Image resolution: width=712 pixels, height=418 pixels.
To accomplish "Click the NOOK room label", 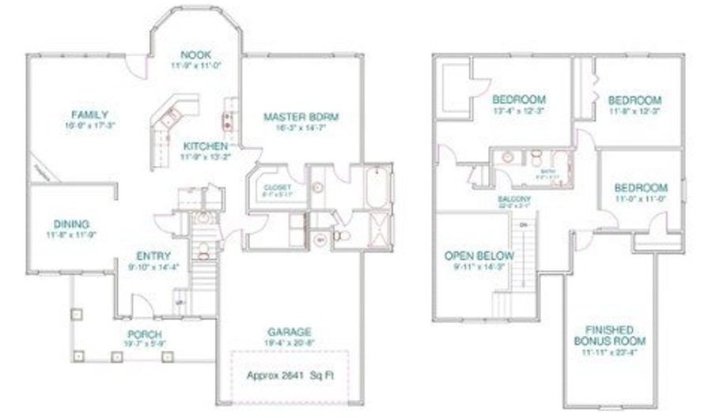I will pyautogui.click(x=195, y=55).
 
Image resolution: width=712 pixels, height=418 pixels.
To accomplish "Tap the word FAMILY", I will pyautogui.click(x=89, y=115).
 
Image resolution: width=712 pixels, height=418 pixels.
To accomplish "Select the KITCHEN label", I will pyautogui.click(x=206, y=146).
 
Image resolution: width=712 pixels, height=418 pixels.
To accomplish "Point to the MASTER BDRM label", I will pyautogui.click(x=301, y=117).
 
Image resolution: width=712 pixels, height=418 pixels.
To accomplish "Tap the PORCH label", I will pyautogui.click(x=143, y=334).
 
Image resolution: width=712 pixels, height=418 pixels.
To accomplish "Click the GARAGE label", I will pyautogui.click(x=290, y=331).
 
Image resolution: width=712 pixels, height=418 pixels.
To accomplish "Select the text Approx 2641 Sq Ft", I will pyautogui.click(x=290, y=375).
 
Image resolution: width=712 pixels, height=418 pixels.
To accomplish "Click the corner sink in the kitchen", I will pyautogui.click(x=169, y=117).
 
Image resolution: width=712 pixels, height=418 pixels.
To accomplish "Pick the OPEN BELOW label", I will pyautogui.click(x=479, y=256).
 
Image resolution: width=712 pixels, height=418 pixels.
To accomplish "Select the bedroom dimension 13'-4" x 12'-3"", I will pyautogui.click(x=518, y=111).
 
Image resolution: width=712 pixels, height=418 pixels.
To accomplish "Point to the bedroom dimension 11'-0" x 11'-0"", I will pyautogui.click(x=640, y=200).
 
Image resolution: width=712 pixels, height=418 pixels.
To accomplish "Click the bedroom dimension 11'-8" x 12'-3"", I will pyautogui.click(x=634, y=111).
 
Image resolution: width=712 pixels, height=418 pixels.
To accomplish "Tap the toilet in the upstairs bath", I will pyautogui.click(x=536, y=155).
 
